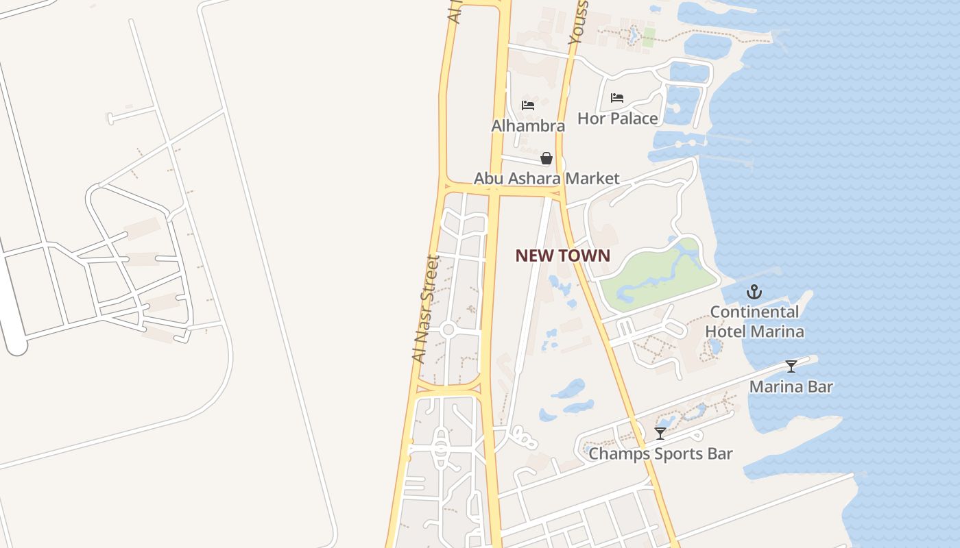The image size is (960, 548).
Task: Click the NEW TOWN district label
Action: point(562,256)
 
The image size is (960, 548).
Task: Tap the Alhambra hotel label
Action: point(528,126)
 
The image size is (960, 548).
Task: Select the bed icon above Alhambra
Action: point(528,105)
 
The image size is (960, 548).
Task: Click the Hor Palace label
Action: point(617,119)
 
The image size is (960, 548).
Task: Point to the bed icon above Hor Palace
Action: point(617,98)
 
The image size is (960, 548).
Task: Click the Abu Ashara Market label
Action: point(547,179)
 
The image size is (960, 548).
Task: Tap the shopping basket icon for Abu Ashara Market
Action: point(547,159)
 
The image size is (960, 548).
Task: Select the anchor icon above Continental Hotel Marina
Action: point(754,292)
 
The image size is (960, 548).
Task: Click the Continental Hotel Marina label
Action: point(754,322)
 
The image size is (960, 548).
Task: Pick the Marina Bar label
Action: point(791,386)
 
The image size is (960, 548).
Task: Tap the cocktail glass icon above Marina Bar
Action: point(791,366)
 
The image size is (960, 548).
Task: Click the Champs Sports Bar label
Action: point(660,453)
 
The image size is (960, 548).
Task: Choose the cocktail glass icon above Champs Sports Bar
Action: point(660,434)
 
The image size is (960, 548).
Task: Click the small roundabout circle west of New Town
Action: point(448,330)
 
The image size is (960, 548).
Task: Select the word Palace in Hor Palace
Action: point(635,119)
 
